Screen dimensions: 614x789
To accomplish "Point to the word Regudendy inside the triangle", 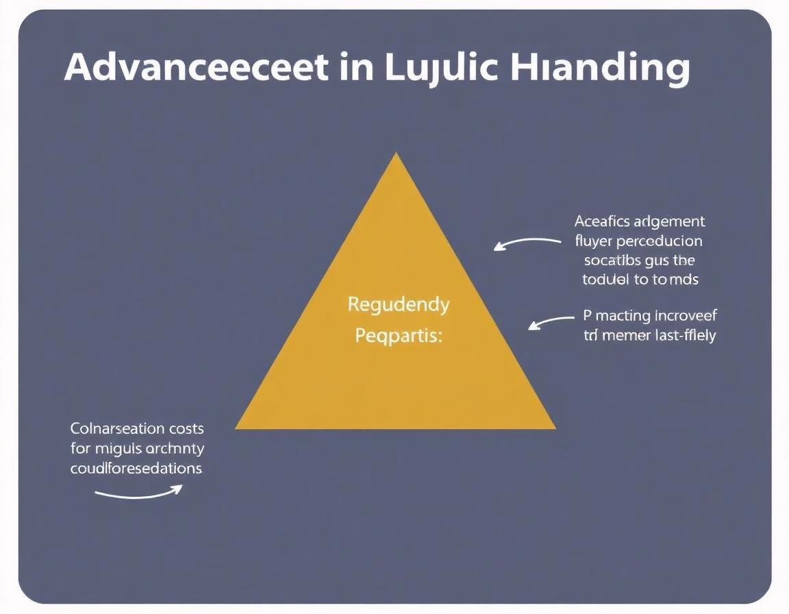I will pos(398,304).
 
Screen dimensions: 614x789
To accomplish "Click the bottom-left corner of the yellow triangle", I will pos(237,428).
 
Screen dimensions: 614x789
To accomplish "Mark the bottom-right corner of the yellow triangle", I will pos(553,428).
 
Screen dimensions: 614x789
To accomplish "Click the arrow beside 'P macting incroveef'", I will pos(551,321).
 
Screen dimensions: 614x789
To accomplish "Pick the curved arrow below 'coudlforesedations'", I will pos(139,491).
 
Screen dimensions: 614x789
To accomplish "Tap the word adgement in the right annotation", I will pos(671,221).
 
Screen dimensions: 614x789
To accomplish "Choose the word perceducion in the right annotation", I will pos(660,241).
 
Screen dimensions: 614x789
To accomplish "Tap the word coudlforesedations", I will pos(136,469).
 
